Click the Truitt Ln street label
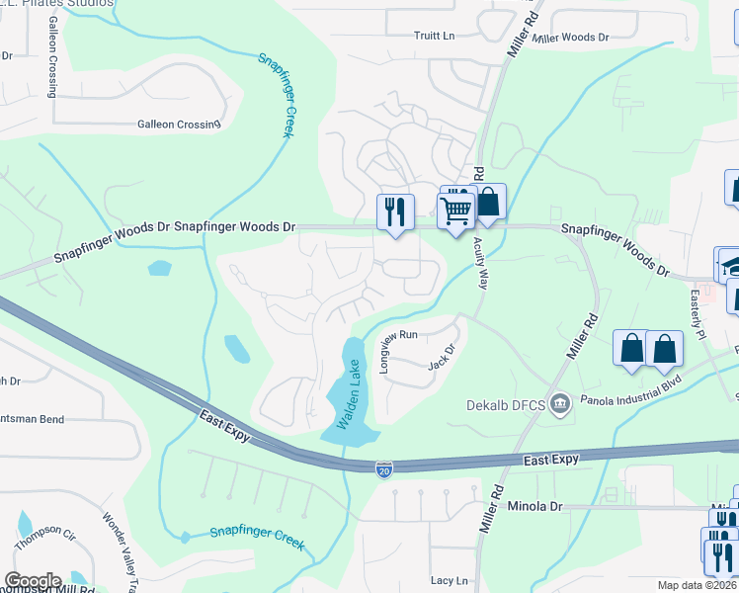tap(434, 37)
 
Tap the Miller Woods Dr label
tap(570, 38)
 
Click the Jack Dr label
tap(441, 357)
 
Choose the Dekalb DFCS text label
tap(506, 403)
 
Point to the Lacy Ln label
tap(449, 580)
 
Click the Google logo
tap(33, 581)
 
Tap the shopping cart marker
tap(455, 212)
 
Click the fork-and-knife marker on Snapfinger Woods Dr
tap(395, 212)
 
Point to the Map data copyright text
tap(683, 585)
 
